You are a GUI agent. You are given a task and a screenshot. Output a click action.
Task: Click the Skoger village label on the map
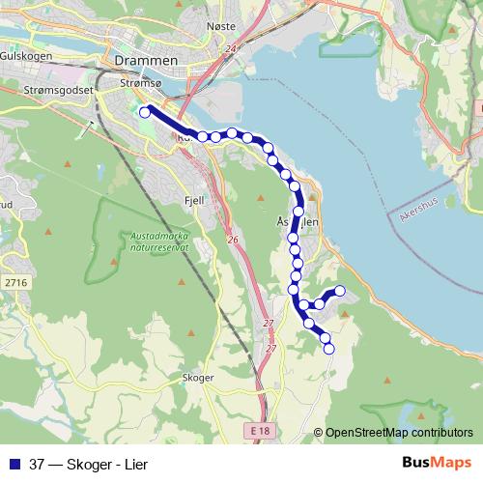[x=196, y=378]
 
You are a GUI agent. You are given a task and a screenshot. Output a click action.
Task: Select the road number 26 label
[x=232, y=240]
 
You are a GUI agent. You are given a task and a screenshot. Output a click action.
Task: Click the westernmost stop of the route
[x=145, y=112]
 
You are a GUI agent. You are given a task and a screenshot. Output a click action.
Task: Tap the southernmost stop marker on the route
[x=328, y=349]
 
